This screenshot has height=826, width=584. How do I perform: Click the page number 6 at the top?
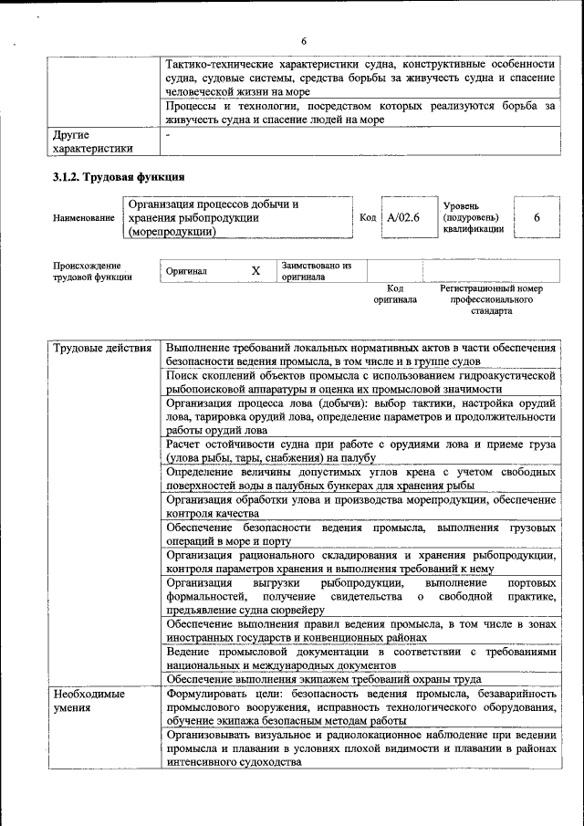tap(305, 41)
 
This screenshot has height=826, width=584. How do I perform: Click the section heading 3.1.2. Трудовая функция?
tap(119, 176)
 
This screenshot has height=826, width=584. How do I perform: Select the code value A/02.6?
tap(402, 218)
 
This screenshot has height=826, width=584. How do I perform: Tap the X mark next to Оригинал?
tap(256, 271)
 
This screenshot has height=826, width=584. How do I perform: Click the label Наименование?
tap(84, 218)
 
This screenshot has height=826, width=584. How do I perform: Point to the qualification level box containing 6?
tap(537, 218)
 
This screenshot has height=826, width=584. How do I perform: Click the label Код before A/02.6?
tap(368, 218)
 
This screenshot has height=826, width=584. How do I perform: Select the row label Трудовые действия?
tap(102, 348)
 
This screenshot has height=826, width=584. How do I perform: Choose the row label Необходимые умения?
tap(88, 700)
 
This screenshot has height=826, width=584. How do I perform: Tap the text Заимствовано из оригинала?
tap(316, 271)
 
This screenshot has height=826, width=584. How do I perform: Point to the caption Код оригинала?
tap(394, 294)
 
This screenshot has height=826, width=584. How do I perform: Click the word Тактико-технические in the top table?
tap(223, 64)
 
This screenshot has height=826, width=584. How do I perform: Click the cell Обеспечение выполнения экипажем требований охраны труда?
tap(323, 679)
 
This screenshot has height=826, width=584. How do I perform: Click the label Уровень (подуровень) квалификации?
tap(473, 218)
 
